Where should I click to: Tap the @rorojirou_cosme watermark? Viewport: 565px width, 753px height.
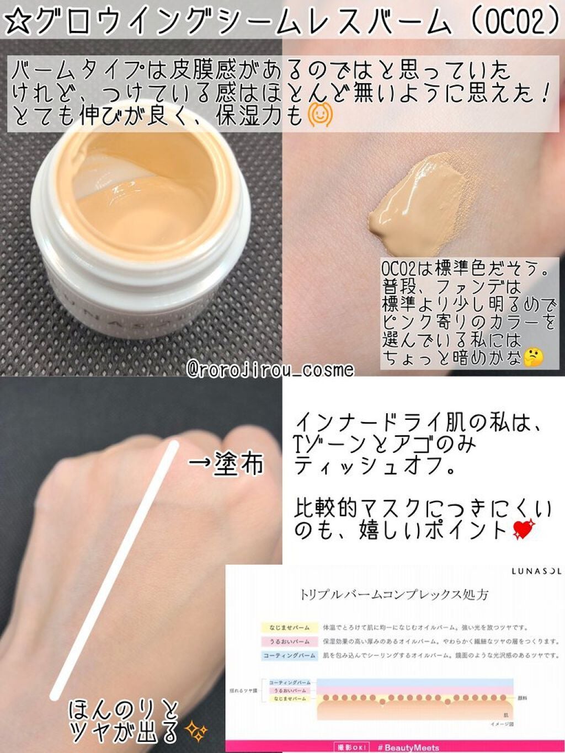[270, 369]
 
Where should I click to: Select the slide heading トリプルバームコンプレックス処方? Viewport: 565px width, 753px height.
[394, 595]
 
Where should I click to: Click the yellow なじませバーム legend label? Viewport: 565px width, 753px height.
[289, 628]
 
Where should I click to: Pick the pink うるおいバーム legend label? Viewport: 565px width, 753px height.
[289, 642]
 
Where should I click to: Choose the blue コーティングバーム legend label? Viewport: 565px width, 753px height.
[289, 655]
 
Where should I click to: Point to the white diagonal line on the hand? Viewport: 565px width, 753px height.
[115, 568]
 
